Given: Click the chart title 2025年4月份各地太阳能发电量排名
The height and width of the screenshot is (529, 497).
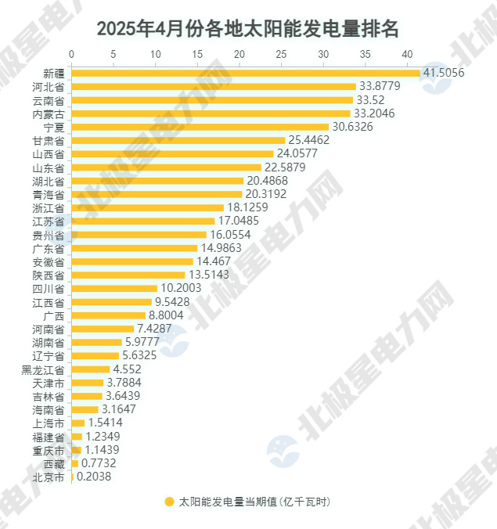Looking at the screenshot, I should (248, 29).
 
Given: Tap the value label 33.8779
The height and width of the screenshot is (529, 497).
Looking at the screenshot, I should (379, 86).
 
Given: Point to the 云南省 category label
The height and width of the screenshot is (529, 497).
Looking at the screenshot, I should (49, 100).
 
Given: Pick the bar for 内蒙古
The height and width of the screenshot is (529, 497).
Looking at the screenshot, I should (211, 113).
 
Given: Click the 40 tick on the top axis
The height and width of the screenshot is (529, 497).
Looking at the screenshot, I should (406, 54).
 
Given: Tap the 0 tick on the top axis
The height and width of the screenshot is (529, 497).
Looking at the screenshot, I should (72, 54).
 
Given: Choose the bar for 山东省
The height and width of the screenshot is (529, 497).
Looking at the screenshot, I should (166, 167).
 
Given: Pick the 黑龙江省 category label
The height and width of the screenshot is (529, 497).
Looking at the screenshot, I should (43, 369).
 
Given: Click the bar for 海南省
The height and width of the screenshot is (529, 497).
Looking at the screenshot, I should (85, 409).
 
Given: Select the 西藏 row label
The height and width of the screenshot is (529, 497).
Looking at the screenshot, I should (54, 463).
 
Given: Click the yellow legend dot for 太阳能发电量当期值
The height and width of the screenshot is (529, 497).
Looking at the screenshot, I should (168, 502).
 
